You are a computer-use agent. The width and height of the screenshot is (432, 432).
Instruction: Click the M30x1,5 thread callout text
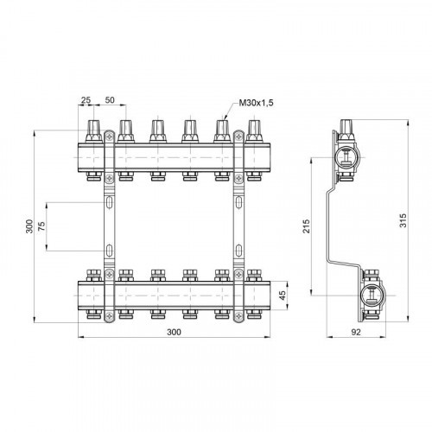(256, 103)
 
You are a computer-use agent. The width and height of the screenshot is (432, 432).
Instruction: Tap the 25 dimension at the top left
(86, 100)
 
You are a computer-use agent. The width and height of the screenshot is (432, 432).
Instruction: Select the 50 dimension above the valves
(110, 100)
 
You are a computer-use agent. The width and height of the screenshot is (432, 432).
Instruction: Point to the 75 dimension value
(41, 226)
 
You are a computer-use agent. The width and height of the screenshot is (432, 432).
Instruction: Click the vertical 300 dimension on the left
(29, 226)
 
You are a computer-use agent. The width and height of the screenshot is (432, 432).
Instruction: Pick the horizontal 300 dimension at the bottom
(175, 332)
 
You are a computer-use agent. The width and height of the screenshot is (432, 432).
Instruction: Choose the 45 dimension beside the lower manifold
(283, 295)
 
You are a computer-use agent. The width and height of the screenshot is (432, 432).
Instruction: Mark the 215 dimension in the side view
(307, 226)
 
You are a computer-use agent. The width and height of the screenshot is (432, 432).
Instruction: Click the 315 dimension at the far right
(403, 220)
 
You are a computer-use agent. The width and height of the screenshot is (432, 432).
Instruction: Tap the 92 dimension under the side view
(356, 332)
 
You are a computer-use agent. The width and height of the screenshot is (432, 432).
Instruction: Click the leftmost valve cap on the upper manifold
(94, 131)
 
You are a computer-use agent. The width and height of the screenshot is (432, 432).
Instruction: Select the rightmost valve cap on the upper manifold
(254, 131)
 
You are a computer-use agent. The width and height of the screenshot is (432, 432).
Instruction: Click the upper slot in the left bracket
(110, 202)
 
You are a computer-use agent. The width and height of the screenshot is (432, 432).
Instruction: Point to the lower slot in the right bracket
(238, 251)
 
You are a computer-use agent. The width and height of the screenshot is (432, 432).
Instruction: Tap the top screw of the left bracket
(110, 137)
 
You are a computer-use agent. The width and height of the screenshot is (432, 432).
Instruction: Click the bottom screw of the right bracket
(238, 316)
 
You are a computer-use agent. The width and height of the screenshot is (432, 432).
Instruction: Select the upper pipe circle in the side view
(345, 157)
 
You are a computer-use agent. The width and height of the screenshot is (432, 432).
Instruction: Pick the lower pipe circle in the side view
(372, 295)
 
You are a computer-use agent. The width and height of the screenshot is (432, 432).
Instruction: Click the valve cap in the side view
(346, 130)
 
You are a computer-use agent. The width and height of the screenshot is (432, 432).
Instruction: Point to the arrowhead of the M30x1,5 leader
(226, 118)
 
